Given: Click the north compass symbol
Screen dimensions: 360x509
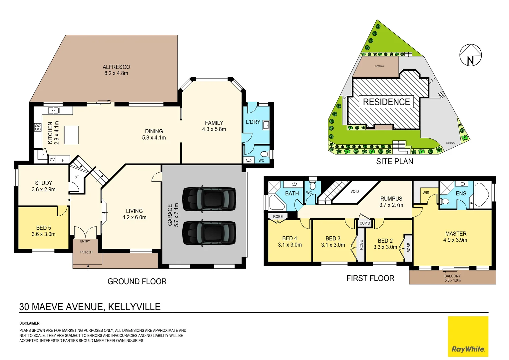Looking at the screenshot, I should [470, 55].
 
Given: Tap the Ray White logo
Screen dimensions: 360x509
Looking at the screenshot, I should [468, 337].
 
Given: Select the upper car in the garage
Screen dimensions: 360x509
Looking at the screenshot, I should [209, 199].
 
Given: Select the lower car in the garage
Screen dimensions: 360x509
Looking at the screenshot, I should [209, 233].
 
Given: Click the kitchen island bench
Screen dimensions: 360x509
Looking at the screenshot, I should [71, 135].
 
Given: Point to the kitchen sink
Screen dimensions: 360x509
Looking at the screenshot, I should [54, 110].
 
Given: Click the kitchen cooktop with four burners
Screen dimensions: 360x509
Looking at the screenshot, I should [38, 127].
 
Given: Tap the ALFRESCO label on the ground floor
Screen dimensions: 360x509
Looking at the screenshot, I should [116, 67].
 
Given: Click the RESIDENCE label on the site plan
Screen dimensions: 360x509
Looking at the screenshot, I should [386, 102].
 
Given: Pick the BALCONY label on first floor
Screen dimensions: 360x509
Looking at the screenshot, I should [452, 276].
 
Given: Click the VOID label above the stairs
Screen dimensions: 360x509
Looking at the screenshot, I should [354, 191].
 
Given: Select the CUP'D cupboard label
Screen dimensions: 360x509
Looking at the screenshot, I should [365, 223].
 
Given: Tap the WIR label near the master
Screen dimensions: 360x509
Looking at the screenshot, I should [426, 193].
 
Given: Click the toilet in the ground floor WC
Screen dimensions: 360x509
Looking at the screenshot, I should [264, 154].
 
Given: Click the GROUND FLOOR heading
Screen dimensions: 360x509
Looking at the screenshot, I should [137, 281].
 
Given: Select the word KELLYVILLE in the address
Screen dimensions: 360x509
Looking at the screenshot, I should [134, 307].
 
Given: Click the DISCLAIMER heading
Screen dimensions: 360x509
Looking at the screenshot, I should [30, 323].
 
